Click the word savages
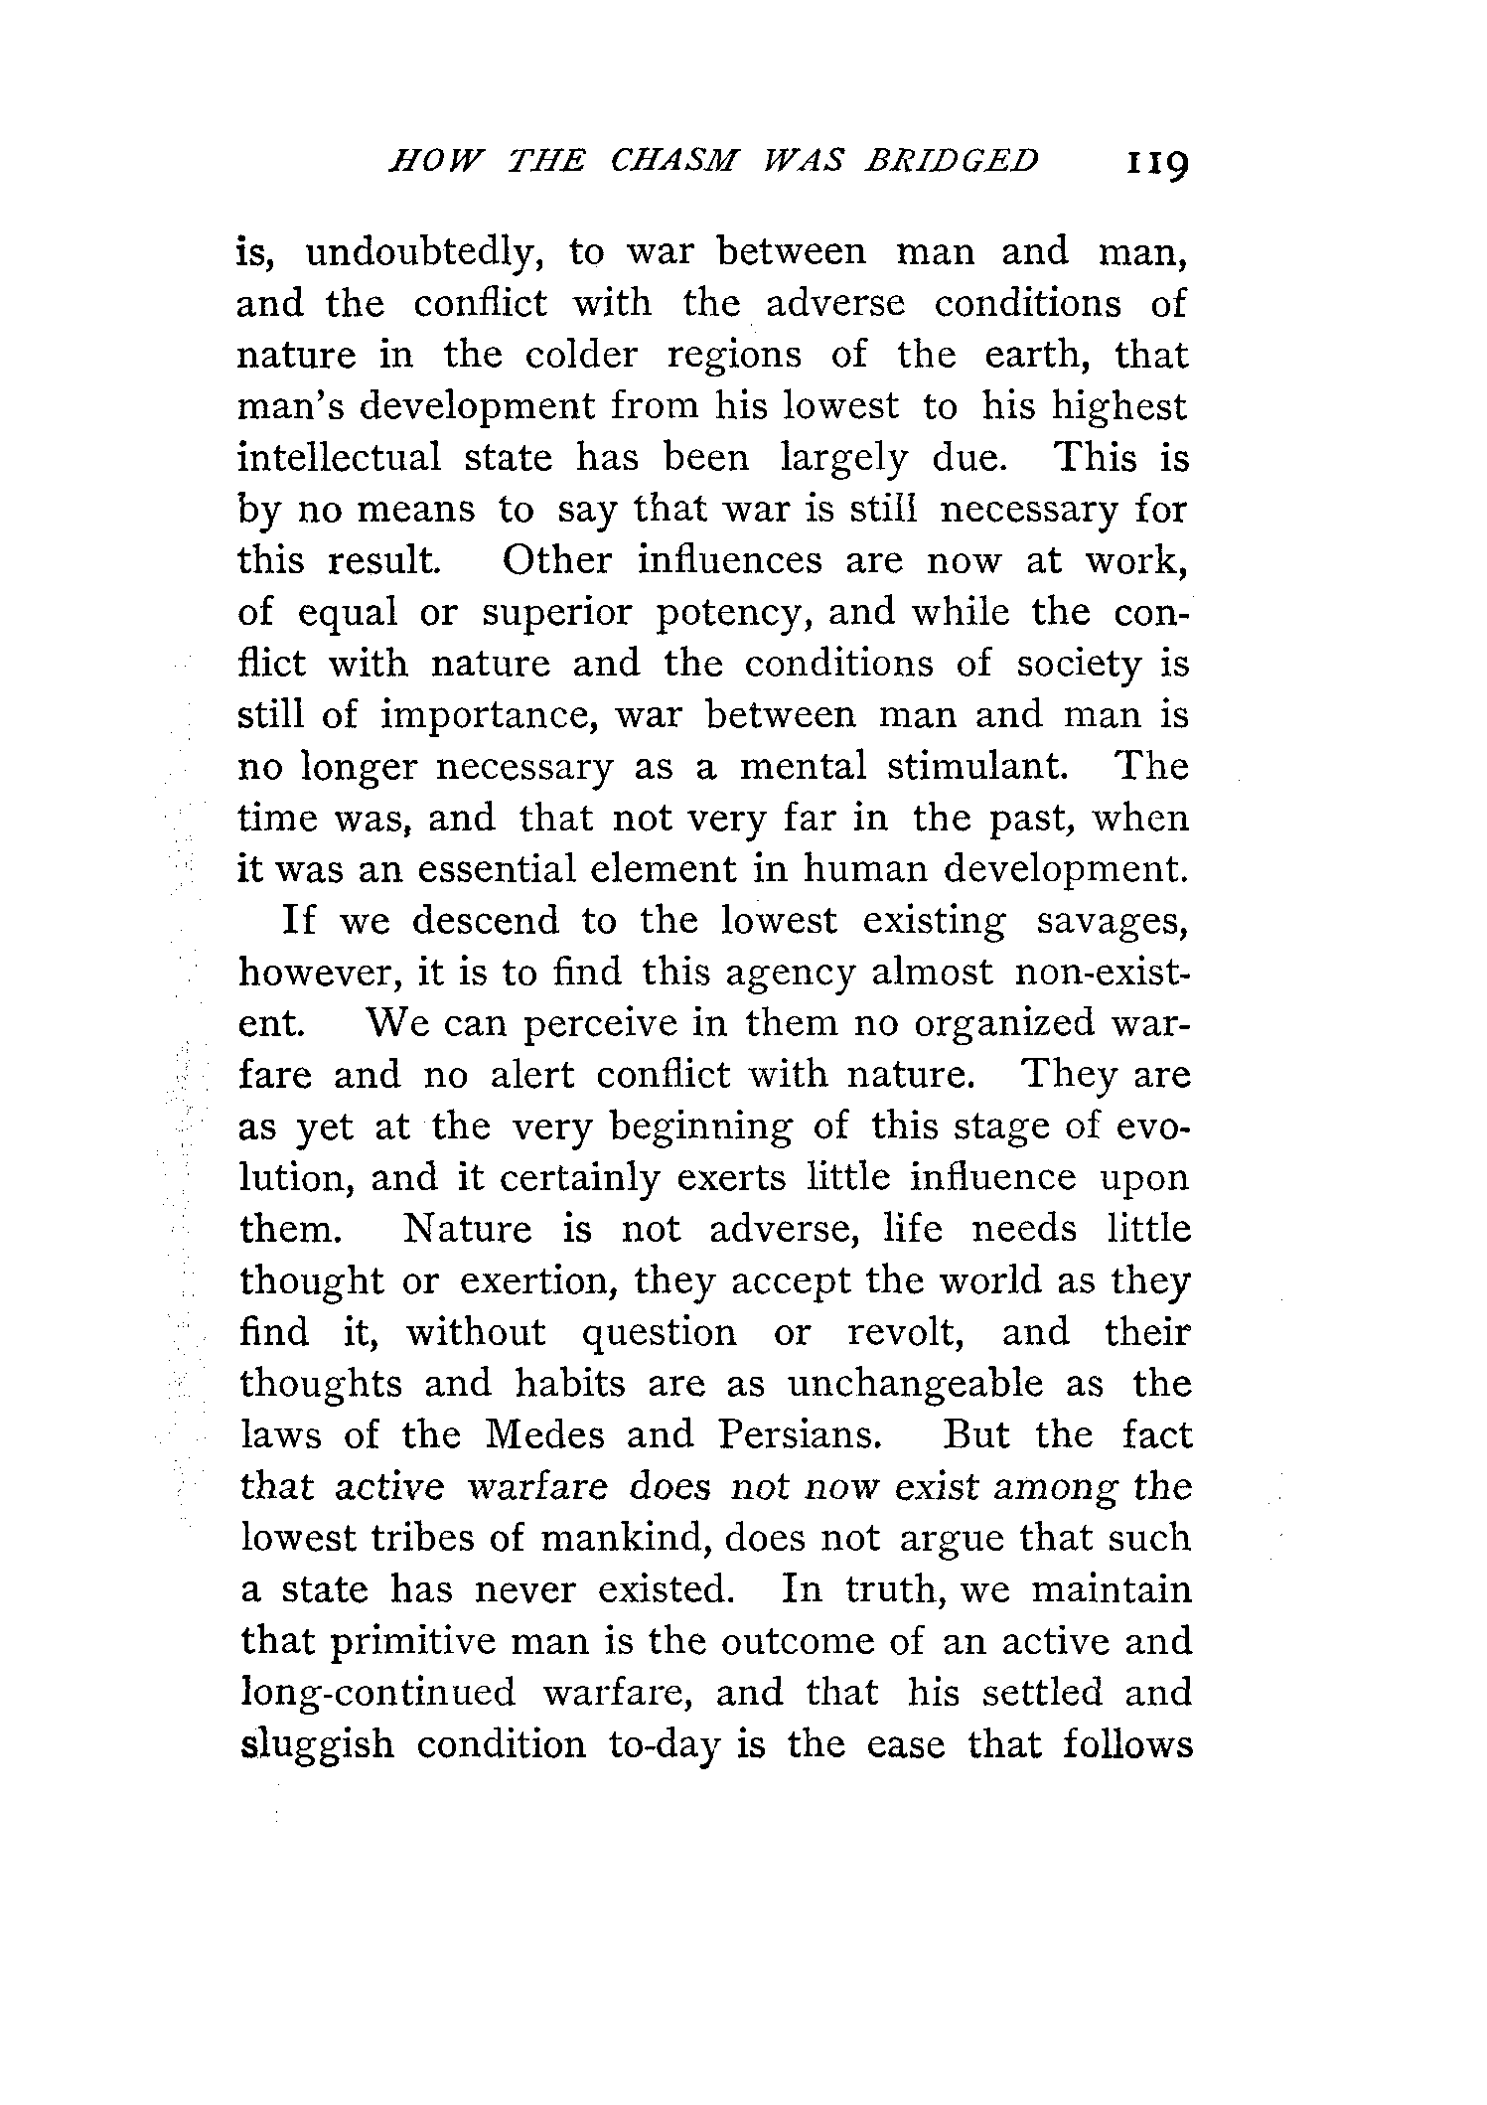pos(1113,922)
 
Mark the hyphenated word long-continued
pos(378,1693)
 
